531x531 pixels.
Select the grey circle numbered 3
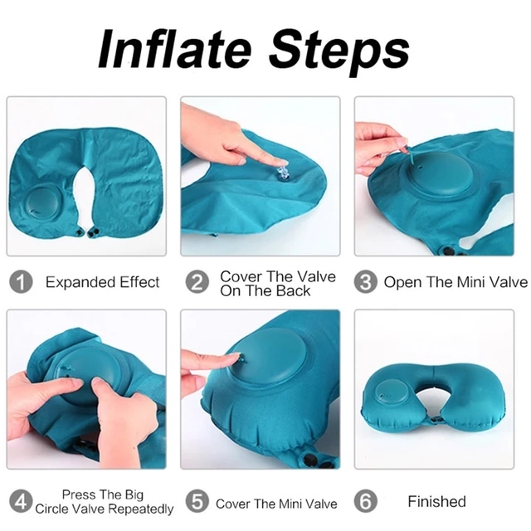click(x=365, y=282)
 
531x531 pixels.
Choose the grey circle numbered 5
click(x=197, y=502)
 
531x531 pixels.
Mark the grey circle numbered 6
click(x=366, y=501)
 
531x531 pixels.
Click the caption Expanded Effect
click(x=102, y=282)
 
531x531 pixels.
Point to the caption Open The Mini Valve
click(x=455, y=282)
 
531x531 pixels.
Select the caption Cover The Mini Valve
click(x=276, y=504)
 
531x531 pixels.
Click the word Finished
click(x=436, y=501)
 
